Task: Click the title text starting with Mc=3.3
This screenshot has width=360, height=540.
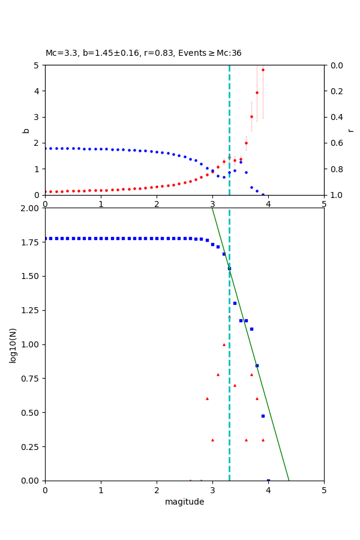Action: [x=143, y=53]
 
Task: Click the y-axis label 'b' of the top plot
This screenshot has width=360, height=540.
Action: [x=26, y=130]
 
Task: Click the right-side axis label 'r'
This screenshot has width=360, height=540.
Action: [x=350, y=130]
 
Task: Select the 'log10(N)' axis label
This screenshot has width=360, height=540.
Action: [x=13, y=344]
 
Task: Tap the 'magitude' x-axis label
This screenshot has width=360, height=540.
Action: [x=184, y=502]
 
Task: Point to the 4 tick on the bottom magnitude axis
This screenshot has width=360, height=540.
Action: [x=268, y=490]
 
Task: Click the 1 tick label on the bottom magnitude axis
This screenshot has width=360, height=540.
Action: [x=101, y=490]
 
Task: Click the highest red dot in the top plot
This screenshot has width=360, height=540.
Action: [x=263, y=70]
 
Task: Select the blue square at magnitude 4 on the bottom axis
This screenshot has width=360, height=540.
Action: [x=268, y=480]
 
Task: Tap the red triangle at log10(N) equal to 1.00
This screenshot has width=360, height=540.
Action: [x=224, y=344]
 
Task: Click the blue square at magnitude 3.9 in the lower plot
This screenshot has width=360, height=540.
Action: [x=263, y=416]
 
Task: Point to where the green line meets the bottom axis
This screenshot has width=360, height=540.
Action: [x=289, y=480]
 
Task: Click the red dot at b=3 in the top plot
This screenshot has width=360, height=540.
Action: [x=251, y=116]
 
